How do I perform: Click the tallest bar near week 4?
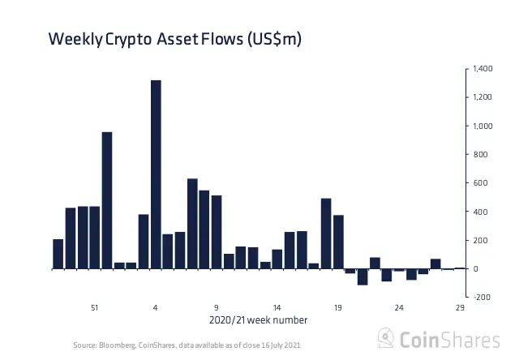coord(156,174)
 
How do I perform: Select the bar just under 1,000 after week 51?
coord(106,199)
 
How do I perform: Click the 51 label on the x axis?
coord(95,307)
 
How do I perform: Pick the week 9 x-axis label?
coord(217,307)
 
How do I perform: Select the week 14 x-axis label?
coord(277,307)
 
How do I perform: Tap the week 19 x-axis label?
coord(338,307)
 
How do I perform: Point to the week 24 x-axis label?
coord(399,307)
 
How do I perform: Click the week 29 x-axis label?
coord(460,307)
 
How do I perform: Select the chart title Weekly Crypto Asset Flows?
coord(175,38)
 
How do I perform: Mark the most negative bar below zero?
coord(363,276)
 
